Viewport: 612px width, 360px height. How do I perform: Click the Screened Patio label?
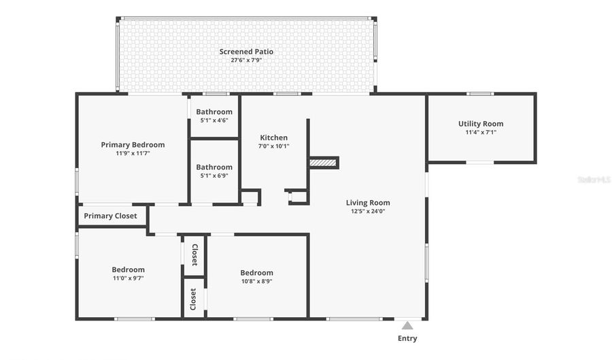[x=246, y=52]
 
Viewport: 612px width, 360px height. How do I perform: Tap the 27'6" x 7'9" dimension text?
[x=246, y=60]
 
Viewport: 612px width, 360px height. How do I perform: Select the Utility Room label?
[x=481, y=124]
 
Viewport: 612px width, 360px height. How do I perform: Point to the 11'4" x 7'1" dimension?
[x=481, y=133]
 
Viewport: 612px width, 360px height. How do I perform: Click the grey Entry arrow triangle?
[x=407, y=326]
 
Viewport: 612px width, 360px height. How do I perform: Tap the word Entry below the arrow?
[x=407, y=338]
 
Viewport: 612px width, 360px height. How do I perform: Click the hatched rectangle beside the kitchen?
[x=323, y=163]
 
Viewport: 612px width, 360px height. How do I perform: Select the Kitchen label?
[x=273, y=138]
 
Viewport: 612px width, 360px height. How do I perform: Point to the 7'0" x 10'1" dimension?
[x=273, y=146]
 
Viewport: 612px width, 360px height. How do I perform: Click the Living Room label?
[x=368, y=203]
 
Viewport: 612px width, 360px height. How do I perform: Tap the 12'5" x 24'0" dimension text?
[x=368, y=211]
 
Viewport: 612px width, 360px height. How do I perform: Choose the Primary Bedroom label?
[x=133, y=145]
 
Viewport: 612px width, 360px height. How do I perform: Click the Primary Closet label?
[x=110, y=216]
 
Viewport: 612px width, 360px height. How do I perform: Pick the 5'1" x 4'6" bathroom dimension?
[x=214, y=120]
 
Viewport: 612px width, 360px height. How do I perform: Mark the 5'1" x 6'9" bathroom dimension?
[x=214, y=176]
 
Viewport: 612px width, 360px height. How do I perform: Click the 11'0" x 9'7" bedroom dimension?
[x=128, y=278]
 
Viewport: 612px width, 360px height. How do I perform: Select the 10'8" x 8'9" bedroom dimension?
[x=257, y=282]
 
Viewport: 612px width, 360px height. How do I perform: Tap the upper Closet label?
[x=194, y=255]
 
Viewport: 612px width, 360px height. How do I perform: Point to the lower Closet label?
[x=193, y=299]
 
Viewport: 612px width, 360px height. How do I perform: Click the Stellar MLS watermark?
[x=594, y=180]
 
